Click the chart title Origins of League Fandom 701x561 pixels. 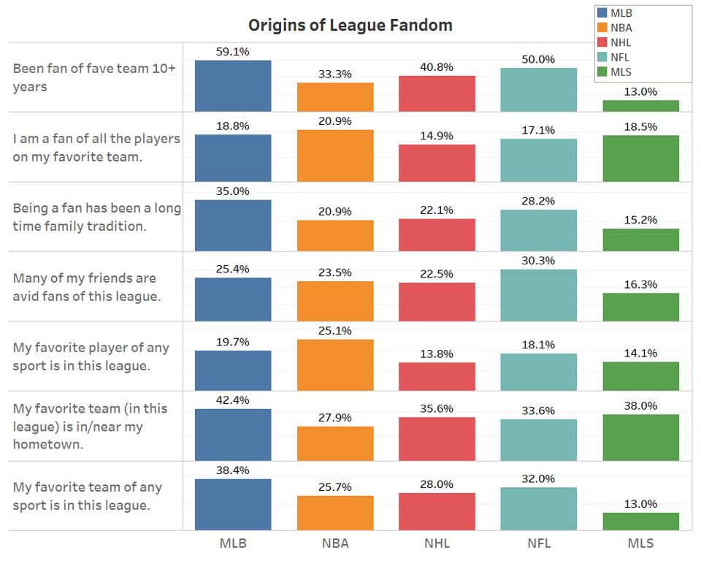(350, 26)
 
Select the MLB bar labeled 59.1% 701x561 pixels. (233, 85)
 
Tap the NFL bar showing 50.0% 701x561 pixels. (539, 90)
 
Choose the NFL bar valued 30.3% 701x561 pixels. (539, 295)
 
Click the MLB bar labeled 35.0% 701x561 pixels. (233, 226)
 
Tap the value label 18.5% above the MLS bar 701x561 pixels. (640, 126)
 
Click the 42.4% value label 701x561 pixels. (233, 400)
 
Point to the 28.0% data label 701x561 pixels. (437, 484)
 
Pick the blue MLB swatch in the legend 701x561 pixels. (602, 13)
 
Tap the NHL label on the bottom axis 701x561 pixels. (437, 543)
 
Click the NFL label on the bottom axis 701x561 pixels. (539, 543)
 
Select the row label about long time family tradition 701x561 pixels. (96, 217)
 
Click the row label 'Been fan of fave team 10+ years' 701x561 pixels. (93, 77)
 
